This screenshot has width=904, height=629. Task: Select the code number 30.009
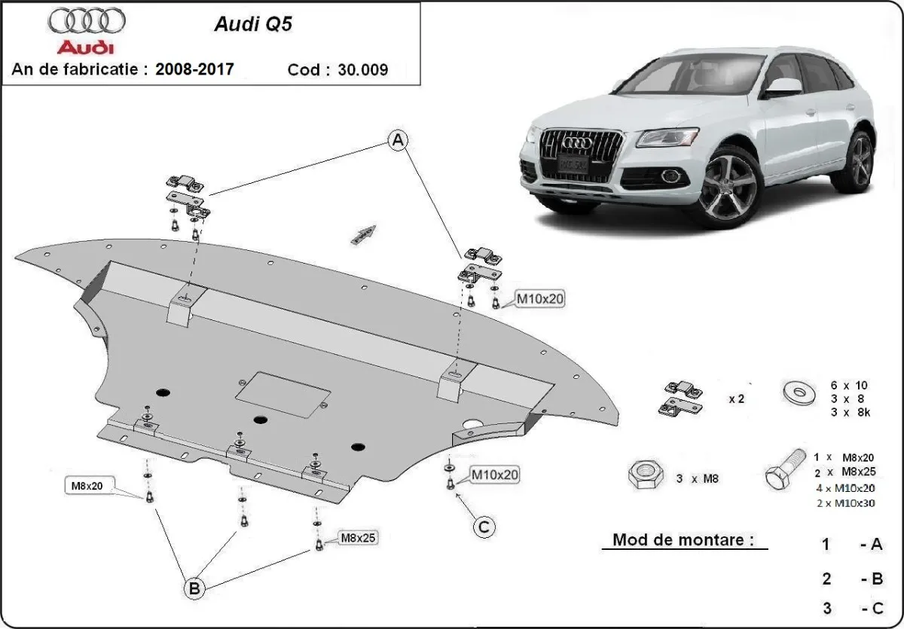(x=365, y=70)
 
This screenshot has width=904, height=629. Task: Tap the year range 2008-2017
(x=194, y=69)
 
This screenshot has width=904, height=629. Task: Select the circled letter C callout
(x=484, y=527)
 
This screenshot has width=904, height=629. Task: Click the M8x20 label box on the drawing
(x=87, y=487)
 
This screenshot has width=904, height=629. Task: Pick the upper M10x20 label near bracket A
(x=539, y=298)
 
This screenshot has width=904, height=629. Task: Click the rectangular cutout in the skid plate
(x=283, y=394)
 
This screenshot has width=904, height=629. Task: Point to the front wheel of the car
(x=729, y=188)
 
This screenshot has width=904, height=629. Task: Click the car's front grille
(x=582, y=154)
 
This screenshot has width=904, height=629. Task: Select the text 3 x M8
(x=697, y=478)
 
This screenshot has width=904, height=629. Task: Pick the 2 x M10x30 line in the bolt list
(x=845, y=503)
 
